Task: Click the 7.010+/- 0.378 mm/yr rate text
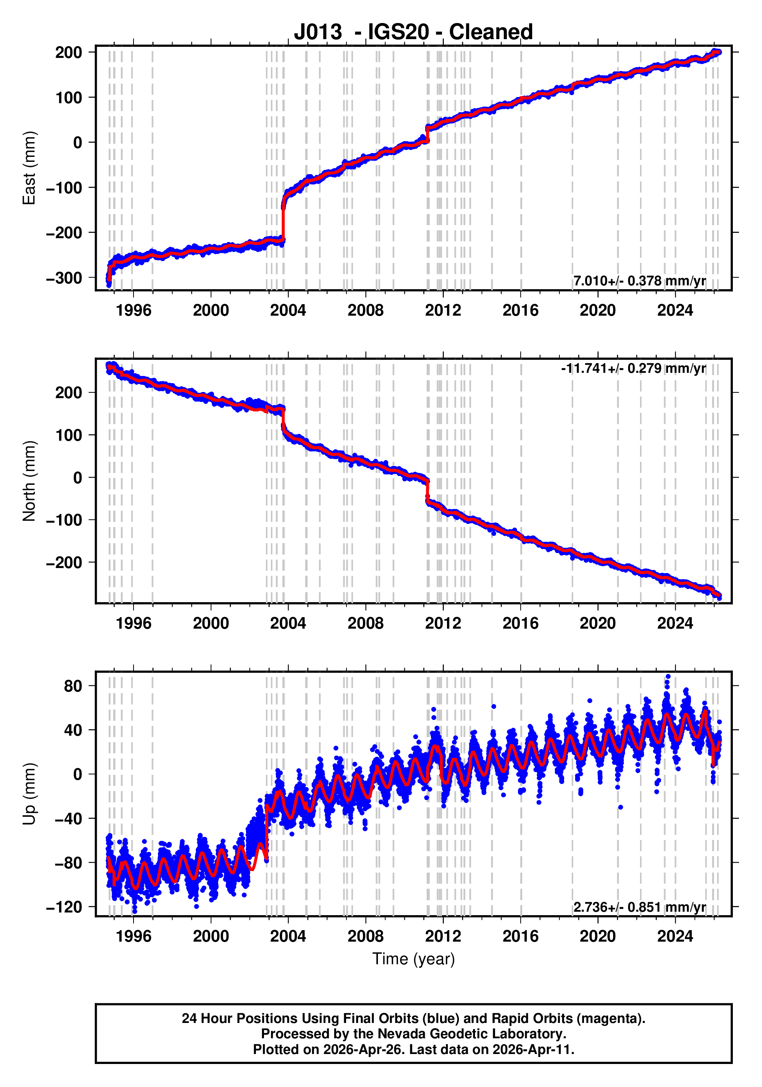(639, 281)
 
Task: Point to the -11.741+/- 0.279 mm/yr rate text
(633, 368)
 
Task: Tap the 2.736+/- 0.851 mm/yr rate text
(639, 907)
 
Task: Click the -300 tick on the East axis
(64, 278)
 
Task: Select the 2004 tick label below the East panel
(288, 311)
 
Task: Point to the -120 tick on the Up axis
(64, 907)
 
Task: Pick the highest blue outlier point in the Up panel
(668, 677)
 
